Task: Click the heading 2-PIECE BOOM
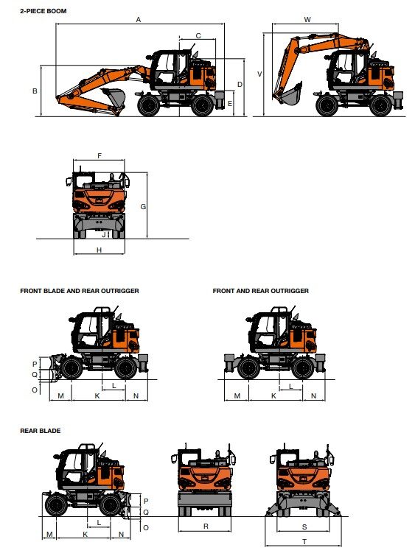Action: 43,11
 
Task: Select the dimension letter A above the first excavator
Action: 138,20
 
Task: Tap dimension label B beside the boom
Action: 35,91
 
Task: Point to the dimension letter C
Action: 198,35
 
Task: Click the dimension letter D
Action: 240,84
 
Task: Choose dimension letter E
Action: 230,104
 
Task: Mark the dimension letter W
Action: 307,20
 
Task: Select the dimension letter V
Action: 259,74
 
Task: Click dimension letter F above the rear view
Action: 99,155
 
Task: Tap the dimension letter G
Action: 143,207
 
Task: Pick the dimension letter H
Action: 99,250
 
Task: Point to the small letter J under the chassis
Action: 105,235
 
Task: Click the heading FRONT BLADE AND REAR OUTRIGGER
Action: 80,291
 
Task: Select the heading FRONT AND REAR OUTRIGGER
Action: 260,291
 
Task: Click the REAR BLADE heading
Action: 41,430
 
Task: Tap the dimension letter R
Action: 206,527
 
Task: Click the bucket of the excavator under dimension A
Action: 114,96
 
